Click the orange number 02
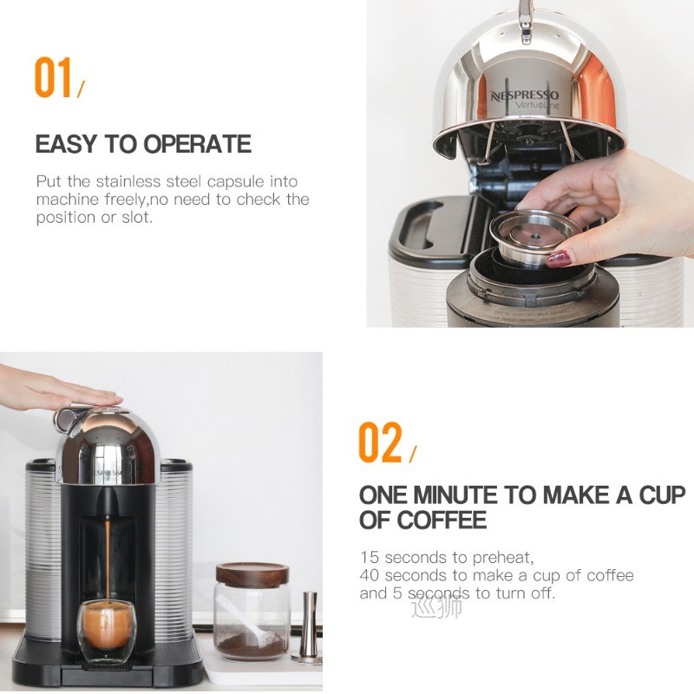(x=381, y=443)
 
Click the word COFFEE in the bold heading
(x=442, y=520)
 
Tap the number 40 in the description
(x=369, y=575)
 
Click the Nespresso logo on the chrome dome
(x=526, y=96)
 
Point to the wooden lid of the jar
(x=252, y=573)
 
